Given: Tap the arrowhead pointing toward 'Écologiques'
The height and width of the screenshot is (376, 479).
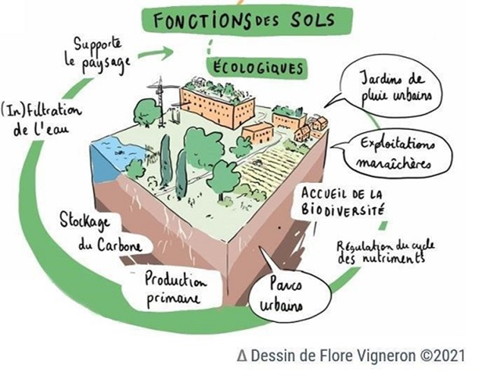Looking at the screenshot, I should [x=179, y=51].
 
